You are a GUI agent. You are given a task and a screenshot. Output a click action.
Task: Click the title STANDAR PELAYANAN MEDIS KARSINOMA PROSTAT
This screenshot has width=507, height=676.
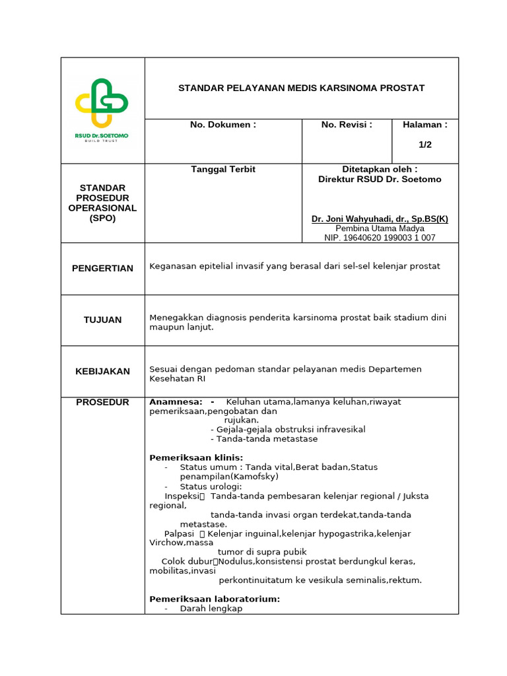301,88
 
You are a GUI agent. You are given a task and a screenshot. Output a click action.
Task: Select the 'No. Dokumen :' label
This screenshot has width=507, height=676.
223,125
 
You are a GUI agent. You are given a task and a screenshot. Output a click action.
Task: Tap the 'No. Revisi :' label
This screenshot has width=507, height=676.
347,125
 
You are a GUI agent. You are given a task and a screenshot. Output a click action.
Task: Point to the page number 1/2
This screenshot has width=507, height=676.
425,145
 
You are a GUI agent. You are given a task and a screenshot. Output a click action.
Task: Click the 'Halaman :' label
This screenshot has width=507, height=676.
425,125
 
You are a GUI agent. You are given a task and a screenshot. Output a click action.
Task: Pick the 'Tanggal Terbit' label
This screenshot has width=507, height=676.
223,170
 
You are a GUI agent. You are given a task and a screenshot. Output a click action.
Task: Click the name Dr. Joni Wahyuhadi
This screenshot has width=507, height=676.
380,219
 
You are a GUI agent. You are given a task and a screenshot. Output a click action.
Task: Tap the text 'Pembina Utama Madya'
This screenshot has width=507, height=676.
380,228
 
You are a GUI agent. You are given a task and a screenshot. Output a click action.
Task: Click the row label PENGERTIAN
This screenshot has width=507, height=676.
102,268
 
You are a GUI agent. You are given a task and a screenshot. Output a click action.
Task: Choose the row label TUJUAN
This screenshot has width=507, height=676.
102,320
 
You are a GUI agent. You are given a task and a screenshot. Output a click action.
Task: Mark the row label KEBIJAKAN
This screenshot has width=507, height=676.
102,371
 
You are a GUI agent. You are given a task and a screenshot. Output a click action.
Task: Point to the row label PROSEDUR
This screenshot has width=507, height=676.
102,402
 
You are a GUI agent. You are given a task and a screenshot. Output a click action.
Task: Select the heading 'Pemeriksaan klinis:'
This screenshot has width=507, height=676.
196,457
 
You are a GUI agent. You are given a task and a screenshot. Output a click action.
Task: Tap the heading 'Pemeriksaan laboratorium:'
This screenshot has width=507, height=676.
215,599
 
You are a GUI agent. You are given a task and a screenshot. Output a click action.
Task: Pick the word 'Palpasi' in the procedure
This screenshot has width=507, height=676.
179,533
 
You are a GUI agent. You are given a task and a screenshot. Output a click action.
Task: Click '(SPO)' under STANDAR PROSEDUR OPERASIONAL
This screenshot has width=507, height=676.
102,218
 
